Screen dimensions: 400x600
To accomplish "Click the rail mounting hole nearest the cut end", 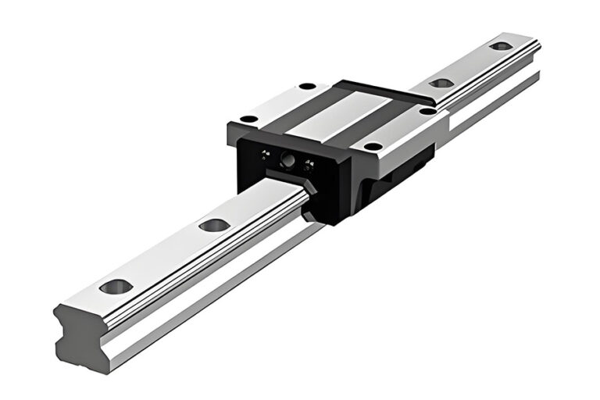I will point(116,286).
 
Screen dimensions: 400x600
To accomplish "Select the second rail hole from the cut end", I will point(213,225).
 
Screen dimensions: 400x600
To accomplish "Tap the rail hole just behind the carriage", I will point(441,82).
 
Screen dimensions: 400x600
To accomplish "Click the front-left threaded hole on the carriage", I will point(248,119).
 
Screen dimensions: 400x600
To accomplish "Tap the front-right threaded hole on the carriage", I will point(373,146).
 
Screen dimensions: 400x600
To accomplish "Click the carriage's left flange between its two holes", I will point(277,102).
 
